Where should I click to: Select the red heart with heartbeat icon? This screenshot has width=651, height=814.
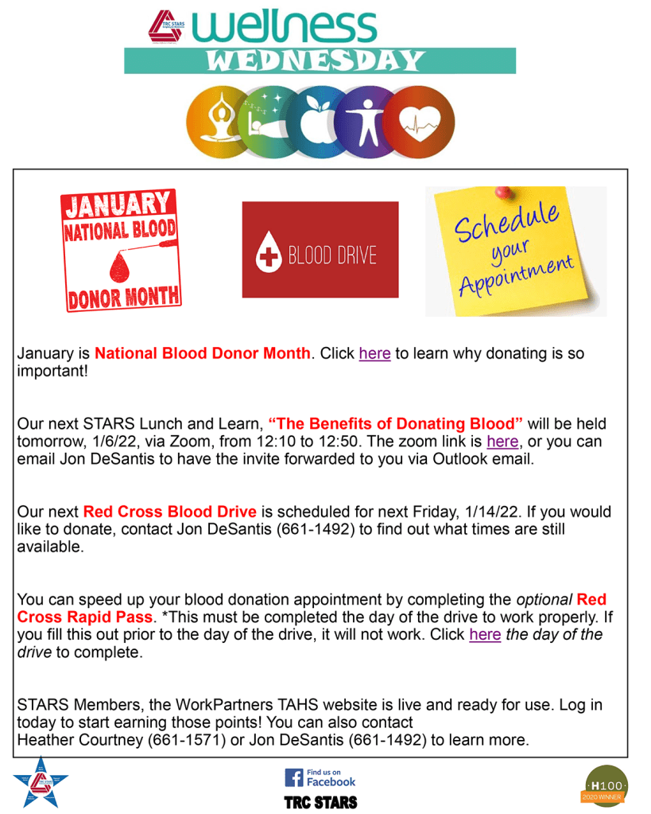click(422, 123)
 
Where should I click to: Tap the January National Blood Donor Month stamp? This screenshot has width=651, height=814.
click(121, 250)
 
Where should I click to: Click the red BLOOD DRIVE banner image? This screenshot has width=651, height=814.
click(320, 250)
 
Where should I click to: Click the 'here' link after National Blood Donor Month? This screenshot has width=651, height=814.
click(374, 353)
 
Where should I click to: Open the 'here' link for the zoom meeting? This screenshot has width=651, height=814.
click(502, 441)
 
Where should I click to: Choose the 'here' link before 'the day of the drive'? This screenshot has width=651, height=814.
click(485, 635)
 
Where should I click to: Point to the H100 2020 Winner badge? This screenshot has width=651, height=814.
click(606, 784)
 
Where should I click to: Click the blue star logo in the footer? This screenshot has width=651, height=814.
click(40, 782)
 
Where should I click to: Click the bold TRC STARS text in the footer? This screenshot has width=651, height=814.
click(321, 801)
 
